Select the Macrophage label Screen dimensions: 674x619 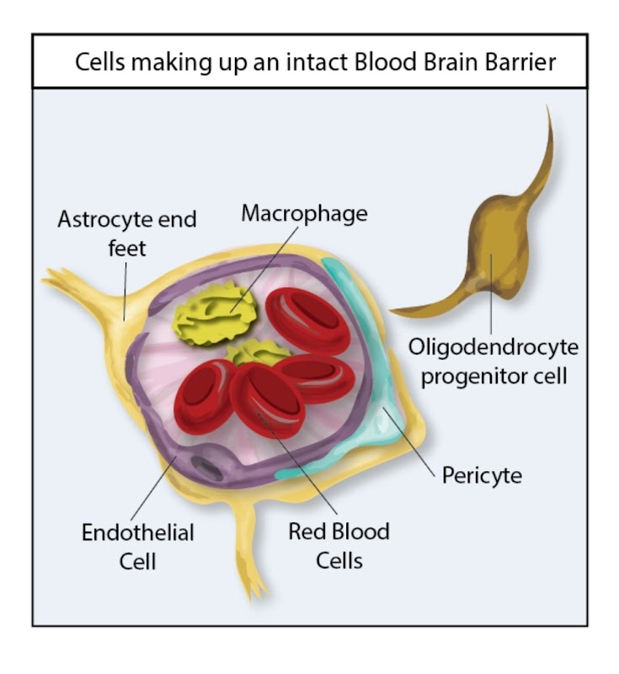click(x=304, y=214)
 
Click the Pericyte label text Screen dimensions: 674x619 click(x=482, y=475)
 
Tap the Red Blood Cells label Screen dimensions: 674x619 click(x=339, y=544)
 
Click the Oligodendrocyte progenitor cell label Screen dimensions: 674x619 click(x=494, y=360)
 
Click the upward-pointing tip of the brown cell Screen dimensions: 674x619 click(x=549, y=110)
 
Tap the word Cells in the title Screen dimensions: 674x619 click(x=103, y=63)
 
